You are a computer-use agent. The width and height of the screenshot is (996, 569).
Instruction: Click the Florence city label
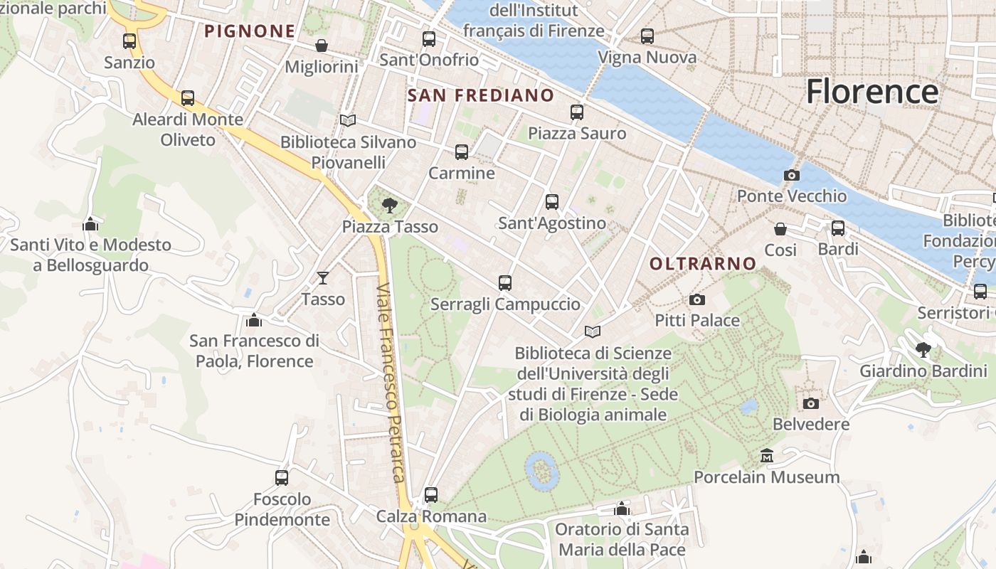(x=871, y=92)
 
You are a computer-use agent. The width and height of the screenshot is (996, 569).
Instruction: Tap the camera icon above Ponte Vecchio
(x=791, y=175)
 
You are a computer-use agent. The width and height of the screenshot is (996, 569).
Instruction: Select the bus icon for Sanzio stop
(x=129, y=41)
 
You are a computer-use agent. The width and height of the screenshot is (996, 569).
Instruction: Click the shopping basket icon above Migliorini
(x=322, y=46)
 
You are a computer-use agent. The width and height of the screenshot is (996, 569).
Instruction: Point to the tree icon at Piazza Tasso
(x=389, y=206)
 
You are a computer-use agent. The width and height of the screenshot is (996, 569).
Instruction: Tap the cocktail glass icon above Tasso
(x=323, y=277)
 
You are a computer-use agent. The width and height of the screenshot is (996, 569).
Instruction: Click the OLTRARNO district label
(x=703, y=264)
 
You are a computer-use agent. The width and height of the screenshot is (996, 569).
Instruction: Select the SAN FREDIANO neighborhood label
(x=481, y=95)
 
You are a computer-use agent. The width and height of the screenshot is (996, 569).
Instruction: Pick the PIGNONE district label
(x=250, y=31)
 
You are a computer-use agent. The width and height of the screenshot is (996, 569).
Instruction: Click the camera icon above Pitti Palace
(x=697, y=299)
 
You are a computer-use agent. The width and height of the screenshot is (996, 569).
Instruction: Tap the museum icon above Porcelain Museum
(x=767, y=455)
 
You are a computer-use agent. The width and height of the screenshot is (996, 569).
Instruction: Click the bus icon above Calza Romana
(x=431, y=494)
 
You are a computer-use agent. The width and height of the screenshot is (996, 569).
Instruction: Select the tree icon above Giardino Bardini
(x=923, y=349)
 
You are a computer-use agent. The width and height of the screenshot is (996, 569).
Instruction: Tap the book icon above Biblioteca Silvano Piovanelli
(x=348, y=121)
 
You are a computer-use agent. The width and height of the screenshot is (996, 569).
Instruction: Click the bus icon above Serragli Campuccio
(x=505, y=283)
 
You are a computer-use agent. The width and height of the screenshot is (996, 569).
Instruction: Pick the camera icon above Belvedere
(x=810, y=403)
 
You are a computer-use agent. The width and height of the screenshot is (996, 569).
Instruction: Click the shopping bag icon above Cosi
(x=780, y=228)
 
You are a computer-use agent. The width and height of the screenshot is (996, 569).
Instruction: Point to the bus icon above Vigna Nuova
(x=647, y=36)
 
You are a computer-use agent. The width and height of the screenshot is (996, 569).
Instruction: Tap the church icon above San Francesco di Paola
(x=254, y=320)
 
